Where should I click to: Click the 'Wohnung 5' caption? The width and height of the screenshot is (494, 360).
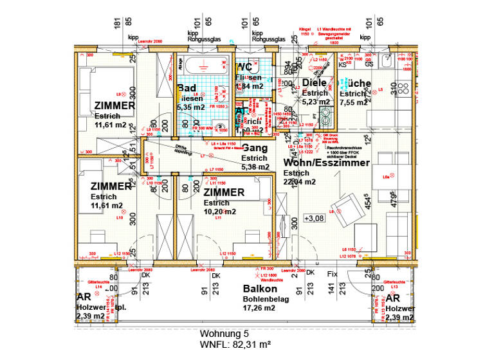[x=223, y=334]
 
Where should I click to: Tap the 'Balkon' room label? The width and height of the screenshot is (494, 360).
[x=259, y=289]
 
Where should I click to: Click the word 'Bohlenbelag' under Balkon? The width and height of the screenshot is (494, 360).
[x=266, y=299]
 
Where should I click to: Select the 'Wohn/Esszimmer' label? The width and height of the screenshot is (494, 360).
[x=326, y=163]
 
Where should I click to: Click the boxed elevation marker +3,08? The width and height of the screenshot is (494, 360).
[x=315, y=218]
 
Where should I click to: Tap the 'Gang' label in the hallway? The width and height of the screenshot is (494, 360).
[x=255, y=148]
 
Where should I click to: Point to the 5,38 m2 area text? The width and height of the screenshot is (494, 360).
[x=254, y=167]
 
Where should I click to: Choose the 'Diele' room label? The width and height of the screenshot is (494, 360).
[x=315, y=82]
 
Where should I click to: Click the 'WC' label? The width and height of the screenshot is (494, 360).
[x=244, y=67]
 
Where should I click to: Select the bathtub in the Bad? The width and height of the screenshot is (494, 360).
[x=204, y=64]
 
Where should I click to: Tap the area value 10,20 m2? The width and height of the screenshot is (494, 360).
[x=219, y=212]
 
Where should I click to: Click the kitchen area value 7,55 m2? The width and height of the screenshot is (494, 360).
[x=353, y=102]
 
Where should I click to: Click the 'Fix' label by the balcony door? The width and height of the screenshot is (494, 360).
[x=332, y=273]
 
